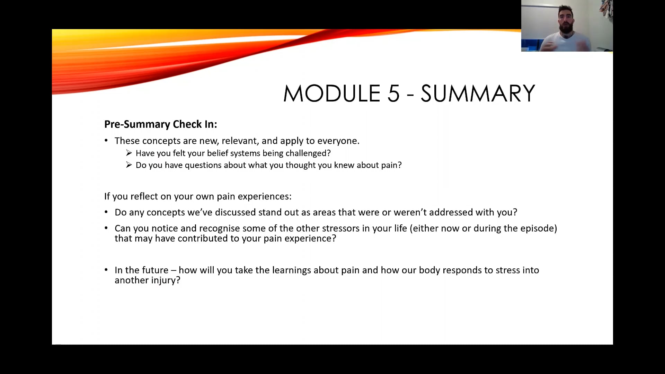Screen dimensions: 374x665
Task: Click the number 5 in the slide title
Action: point(393,93)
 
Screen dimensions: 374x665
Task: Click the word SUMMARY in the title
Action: point(478,93)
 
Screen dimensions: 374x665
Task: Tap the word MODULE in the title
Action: point(331,93)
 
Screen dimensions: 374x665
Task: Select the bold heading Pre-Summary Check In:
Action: point(160,124)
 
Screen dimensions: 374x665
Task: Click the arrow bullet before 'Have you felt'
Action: point(129,153)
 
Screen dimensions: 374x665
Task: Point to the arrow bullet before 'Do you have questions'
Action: point(129,165)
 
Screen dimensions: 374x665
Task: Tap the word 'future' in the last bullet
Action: point(155,270)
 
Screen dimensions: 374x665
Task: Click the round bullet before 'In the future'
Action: point(106,270)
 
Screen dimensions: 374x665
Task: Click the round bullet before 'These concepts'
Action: point(106,141)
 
